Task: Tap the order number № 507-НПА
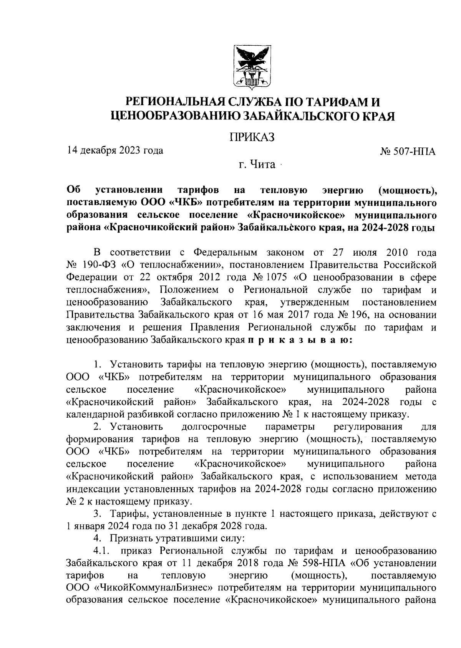click(408, 152)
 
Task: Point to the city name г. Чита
click(257, 165)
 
